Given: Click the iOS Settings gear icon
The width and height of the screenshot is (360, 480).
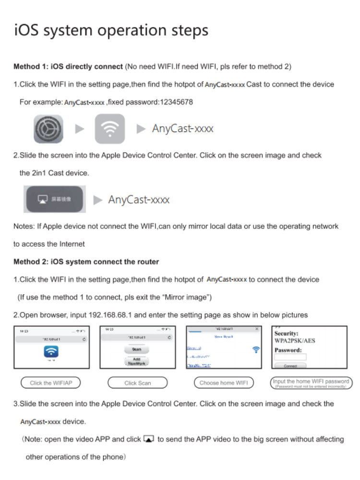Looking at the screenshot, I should pyautogui.click(x=48, y=129).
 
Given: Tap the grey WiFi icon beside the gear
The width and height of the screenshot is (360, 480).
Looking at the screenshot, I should pyautogui.click(x=110, y=129).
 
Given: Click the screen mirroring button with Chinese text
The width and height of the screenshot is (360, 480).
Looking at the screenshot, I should pyautogui.click(x=54, y=199).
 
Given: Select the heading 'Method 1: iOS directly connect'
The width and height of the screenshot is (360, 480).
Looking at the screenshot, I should pyautogui.click(x=68, y=66).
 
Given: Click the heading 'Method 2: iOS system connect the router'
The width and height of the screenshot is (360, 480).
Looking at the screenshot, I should pyautogui.click(x=86, y=262).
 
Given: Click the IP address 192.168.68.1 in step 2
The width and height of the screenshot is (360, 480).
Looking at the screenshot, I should pyautogui.click(x=111, y=315).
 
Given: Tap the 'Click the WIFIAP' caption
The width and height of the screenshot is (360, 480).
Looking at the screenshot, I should pyautogui.click(x=50, y=383).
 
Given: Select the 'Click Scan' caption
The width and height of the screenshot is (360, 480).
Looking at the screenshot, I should pyautogui.click(x=137, y=383).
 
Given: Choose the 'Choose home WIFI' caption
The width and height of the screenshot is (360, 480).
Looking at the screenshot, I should pyautogui.click(x=224, y=383).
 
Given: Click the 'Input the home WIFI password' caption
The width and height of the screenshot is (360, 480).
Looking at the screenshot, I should pyautogui.click(x=311, y=381).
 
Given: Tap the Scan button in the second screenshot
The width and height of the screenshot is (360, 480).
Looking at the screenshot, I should pyautogui.click(x=137, y=350).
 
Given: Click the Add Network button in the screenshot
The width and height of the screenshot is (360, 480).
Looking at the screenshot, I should pyautogui.click(x=137, y=361).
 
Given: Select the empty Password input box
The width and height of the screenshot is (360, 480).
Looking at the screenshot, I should pyautogui.click(x=290, y=357).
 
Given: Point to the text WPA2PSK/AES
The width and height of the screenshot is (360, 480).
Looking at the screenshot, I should pyautogui.click(x=295, y=341).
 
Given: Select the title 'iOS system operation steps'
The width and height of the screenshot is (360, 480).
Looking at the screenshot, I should pyautogui.click(x=111, y=31).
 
